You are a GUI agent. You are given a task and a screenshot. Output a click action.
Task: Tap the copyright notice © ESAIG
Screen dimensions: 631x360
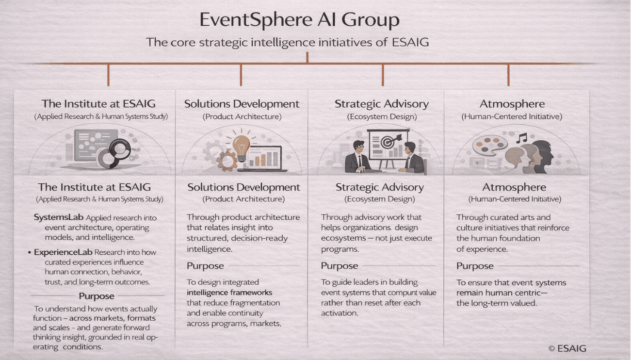pyautogui.click(x=567, y=348)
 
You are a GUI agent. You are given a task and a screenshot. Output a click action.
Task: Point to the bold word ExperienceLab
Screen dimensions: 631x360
pyautogui.click(x=63, y=252)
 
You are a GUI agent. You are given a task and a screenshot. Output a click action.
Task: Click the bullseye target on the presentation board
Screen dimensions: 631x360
pyautogui.click(x=388, y=142)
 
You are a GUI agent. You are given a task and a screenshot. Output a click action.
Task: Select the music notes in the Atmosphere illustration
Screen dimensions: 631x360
pyautogui.click(x=521, y=138)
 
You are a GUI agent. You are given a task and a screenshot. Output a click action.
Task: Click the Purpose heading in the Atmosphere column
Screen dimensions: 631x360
pyautogui.click(x=475, y=266)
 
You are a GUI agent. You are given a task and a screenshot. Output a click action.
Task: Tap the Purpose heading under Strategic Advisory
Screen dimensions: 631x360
pyautogui.click(x=339, y=266)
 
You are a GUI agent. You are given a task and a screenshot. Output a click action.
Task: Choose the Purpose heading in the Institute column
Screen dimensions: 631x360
pyautogui.click(x=97, y=296)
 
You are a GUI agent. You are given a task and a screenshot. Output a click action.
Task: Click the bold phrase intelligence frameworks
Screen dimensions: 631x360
pyautogui.click(x=229, y=293)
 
